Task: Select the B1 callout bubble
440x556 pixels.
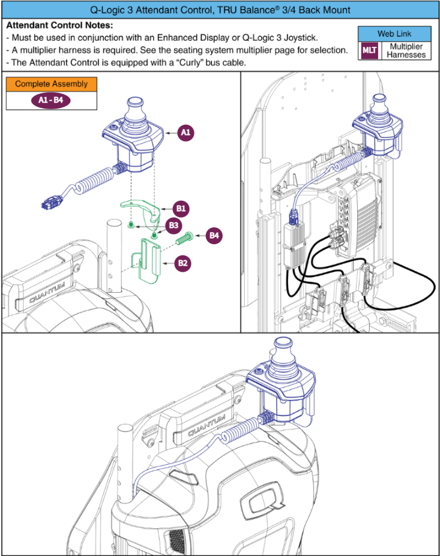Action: tap(180, 209)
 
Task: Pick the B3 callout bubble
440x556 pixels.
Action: tap(174, 226)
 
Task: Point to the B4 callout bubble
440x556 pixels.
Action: tap(214, 236)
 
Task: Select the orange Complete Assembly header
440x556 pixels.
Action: tap(51, 84)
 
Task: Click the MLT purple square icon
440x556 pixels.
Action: tap(369, 51)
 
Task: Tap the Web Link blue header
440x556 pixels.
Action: tap(394, 34)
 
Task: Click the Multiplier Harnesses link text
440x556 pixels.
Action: tap(406, 51)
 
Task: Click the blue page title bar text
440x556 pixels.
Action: tap(220, 10)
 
